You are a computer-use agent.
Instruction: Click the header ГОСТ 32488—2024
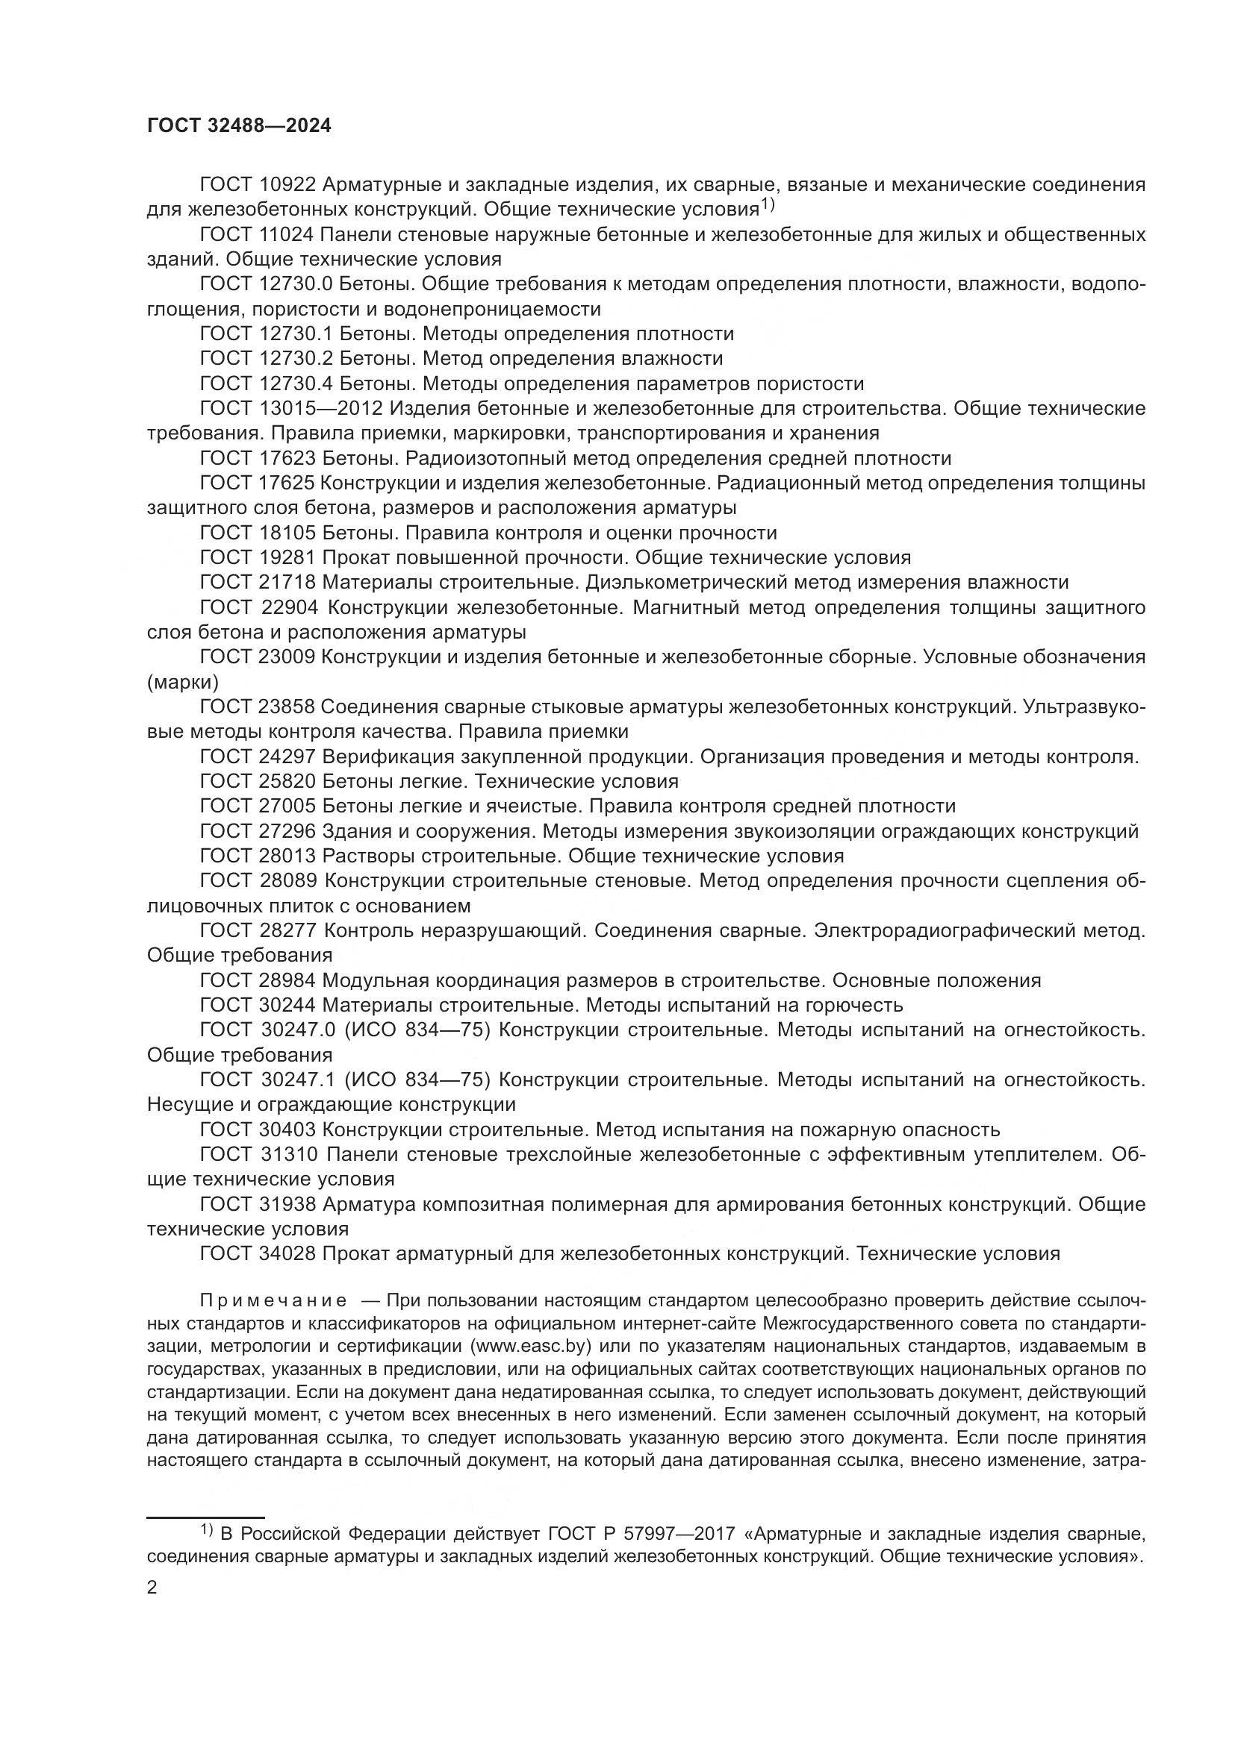pyautogui.click(x=239, y=126)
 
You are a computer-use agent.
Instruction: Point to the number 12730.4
pyautogui.click(x=296, y=383)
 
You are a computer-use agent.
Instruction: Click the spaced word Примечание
pyautogui.click(x=274, y=1300)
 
